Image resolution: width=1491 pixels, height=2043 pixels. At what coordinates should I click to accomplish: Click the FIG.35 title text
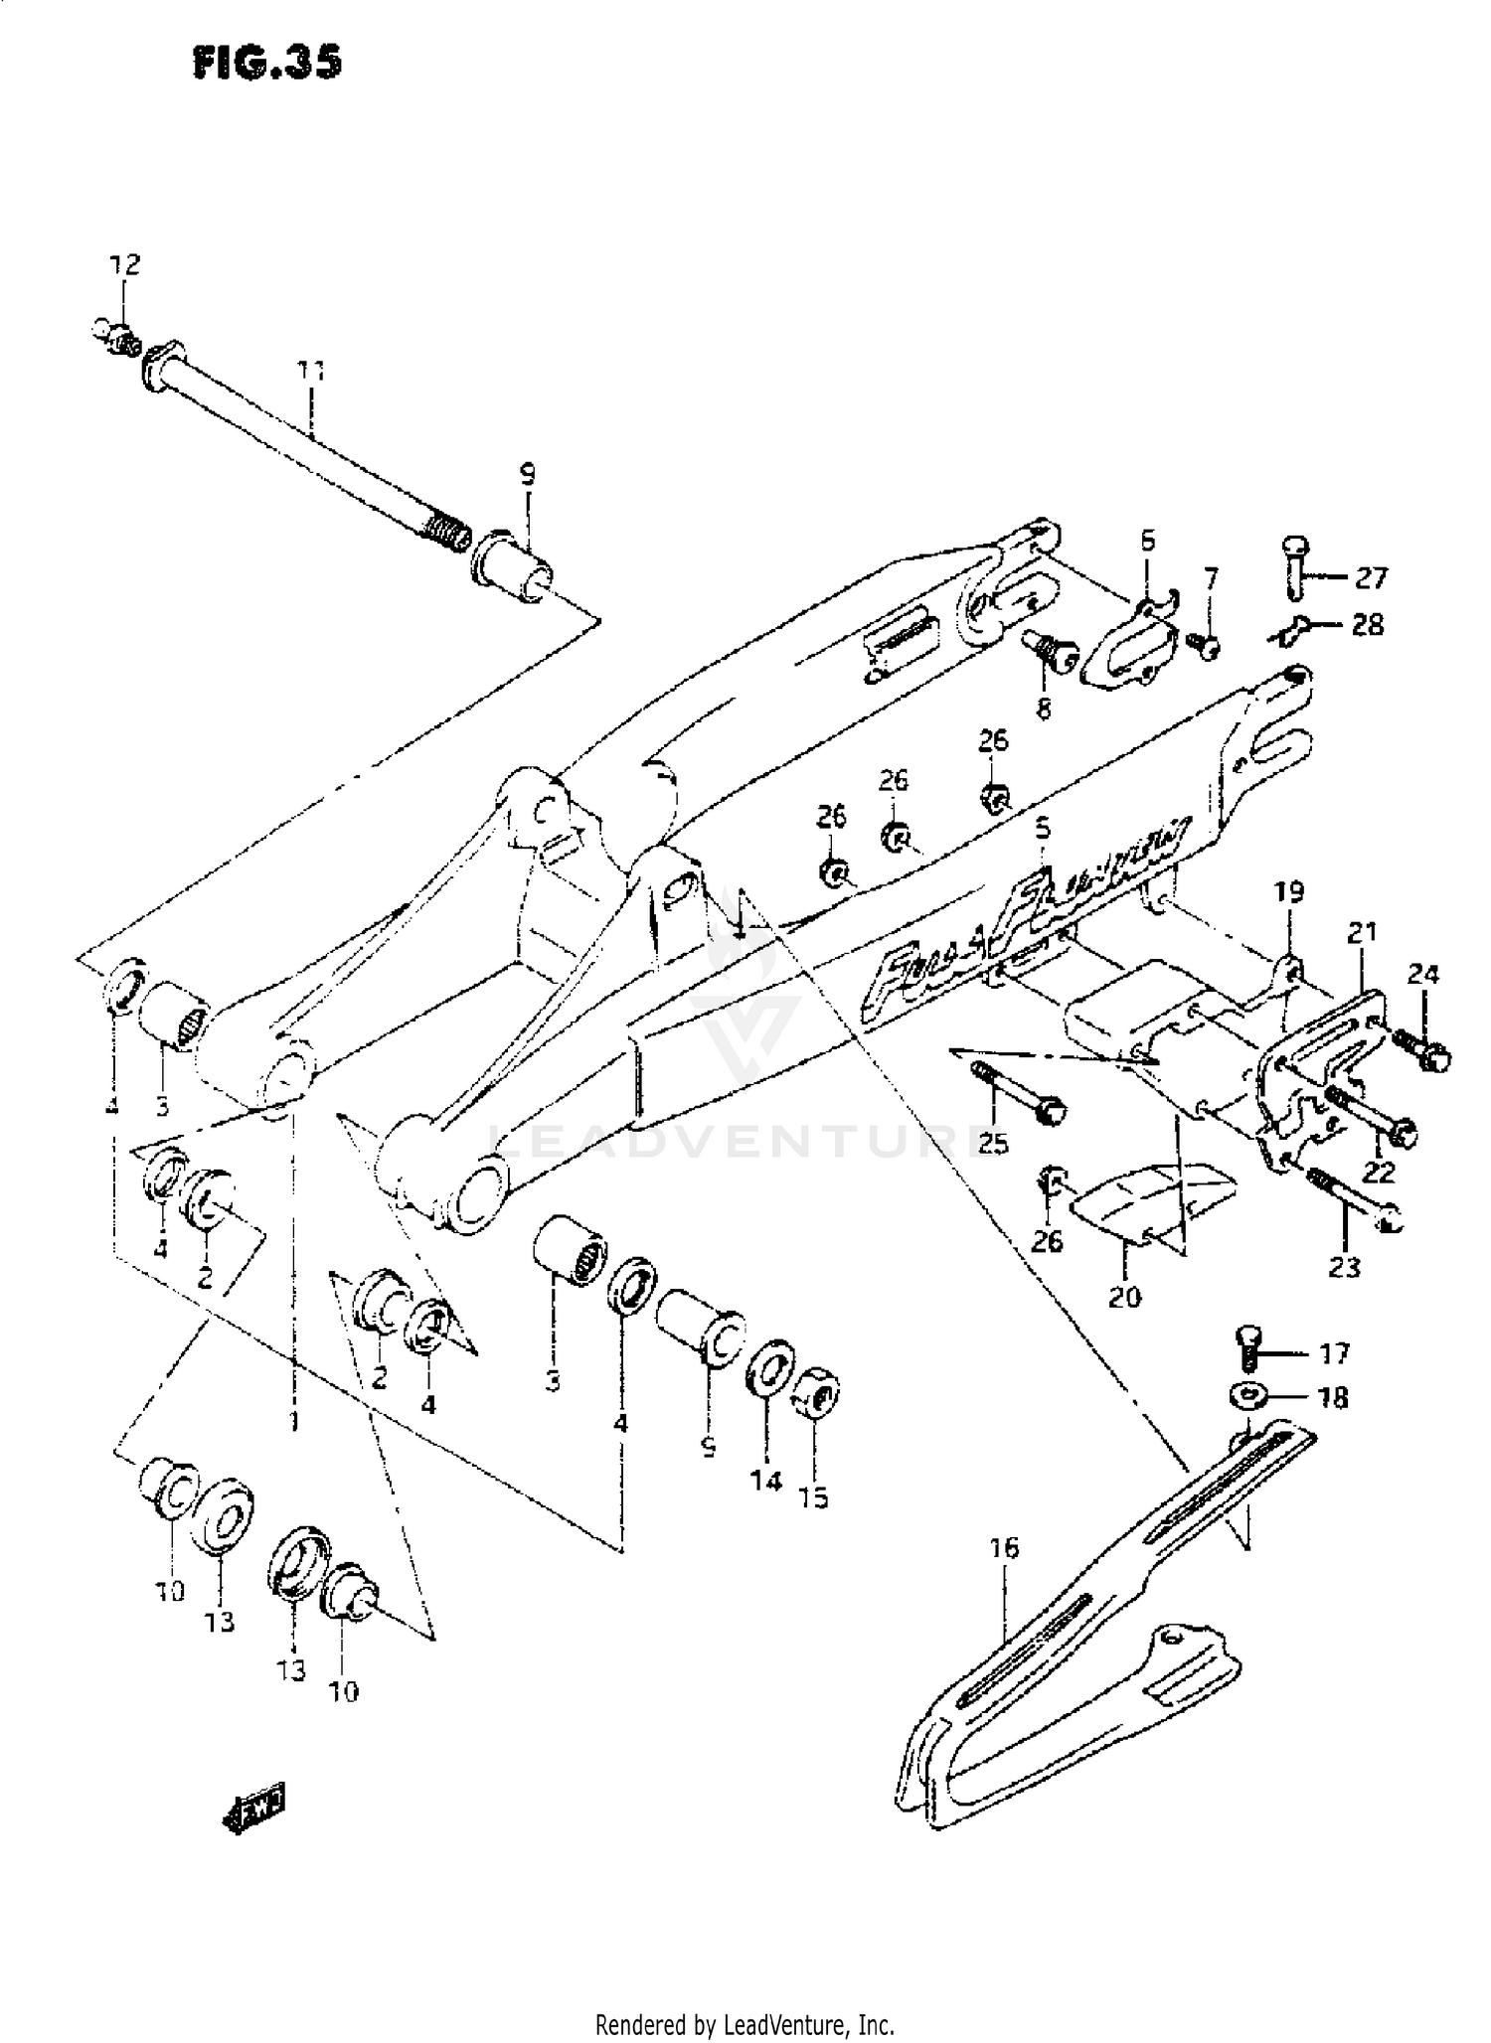point(267,63)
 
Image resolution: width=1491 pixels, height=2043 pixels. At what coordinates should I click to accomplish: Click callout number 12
point(125,264)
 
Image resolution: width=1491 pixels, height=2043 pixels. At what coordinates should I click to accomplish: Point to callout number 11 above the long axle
point(310,371)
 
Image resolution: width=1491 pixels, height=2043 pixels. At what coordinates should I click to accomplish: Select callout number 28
point(1368,624)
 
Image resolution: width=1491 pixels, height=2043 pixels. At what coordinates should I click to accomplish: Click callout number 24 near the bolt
point(1423,975)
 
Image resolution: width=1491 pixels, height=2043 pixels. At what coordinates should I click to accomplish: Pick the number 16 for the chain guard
point(1004,1547)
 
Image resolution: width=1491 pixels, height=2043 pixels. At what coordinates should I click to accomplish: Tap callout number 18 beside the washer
point(1332,1398)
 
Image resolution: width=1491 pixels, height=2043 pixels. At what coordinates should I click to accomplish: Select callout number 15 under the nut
point(813,1497)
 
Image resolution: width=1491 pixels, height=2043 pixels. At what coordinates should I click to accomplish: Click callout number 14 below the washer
point(765,1482)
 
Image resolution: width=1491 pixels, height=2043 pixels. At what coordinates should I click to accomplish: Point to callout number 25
point(992,1145)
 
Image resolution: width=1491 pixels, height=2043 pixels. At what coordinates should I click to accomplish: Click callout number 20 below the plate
point(1124,1297)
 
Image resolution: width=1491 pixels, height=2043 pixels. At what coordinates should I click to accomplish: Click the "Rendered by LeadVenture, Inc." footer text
point(745,2023)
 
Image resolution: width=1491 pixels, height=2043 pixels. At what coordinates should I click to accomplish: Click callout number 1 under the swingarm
point(293,1423)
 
